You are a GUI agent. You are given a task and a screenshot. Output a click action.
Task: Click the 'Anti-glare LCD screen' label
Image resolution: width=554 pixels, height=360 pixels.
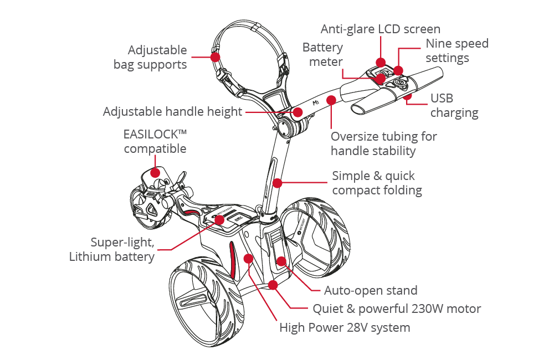[x=382, y=28]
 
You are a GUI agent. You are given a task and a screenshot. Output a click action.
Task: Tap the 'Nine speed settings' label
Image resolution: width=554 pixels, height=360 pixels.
[x=457, y=50]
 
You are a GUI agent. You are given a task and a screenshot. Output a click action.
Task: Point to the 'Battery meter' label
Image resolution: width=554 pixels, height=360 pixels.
[x=322, y=55]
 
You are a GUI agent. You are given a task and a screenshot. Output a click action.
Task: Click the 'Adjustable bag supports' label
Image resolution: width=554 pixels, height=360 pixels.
[x=150, y=57]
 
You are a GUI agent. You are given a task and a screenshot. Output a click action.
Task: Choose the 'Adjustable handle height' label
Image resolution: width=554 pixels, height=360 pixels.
[x=173, y=112]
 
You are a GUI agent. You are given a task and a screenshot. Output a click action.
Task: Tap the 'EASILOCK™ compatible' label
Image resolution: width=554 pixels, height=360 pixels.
[x=155, y=142]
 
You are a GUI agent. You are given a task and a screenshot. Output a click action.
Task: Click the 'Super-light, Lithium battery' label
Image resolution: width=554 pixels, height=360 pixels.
[x=122, y=249]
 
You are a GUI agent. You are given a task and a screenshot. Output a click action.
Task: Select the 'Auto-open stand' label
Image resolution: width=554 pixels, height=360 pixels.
[x=371, y=290]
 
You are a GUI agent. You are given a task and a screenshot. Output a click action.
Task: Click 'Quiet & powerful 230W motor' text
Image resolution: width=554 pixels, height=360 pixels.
[x=397, y=308]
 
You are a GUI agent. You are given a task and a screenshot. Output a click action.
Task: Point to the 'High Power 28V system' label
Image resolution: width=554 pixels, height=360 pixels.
[x=345, y=327]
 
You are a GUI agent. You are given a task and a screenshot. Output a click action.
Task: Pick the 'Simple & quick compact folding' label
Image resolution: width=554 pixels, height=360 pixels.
[x=377, y=183]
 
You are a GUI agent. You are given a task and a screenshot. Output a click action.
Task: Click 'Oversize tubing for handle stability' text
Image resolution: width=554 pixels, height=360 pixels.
[x=383, y=143]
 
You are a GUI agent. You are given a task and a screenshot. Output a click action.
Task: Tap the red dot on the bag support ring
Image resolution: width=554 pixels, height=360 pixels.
[x=214, y=56]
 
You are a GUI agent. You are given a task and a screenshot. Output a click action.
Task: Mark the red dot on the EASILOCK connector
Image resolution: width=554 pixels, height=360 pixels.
[x=156, y=173]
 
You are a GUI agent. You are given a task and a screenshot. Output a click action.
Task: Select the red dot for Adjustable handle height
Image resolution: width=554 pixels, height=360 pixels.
[x=298, y=112]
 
